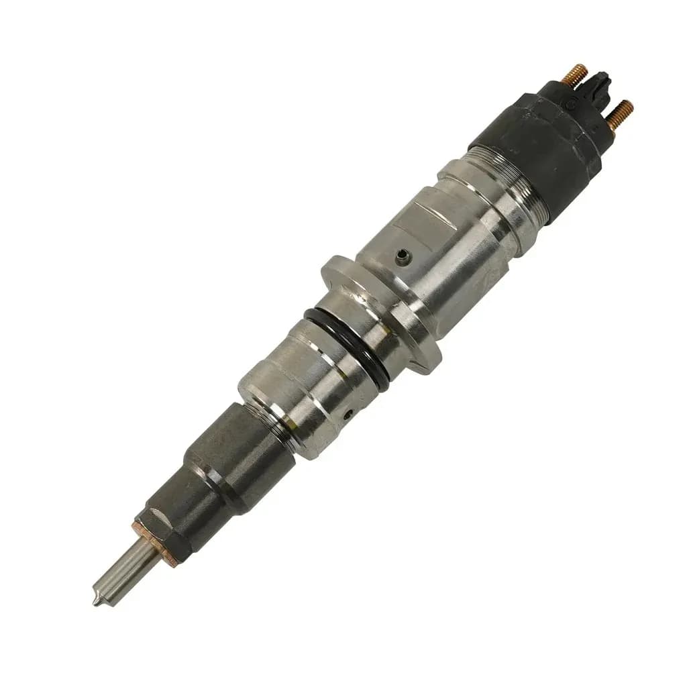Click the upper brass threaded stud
[575, 73]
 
